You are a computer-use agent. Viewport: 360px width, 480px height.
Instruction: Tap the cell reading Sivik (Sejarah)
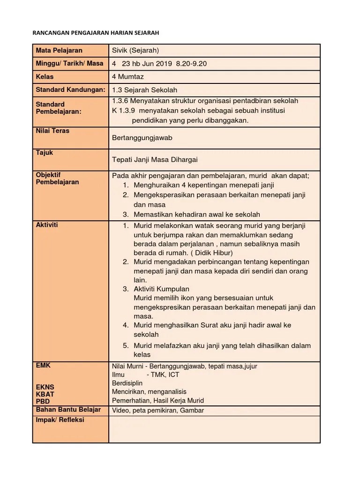click(x=138, y=51)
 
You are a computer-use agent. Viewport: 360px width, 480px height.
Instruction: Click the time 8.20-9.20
click(x=191, y=64)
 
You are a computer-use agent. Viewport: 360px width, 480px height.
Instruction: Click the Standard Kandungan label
click(x=70, y=90)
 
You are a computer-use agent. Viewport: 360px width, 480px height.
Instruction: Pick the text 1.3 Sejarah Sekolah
click(x=145, y=90)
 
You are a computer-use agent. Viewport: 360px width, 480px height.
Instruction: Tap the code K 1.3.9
click(x=123, y=111)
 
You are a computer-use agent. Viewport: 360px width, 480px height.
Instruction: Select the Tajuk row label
click(x=45, y=153)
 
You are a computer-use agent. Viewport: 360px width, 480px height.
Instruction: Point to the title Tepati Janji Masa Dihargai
click(x=155, y=160)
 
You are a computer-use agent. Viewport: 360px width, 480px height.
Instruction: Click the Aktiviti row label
click(x=47, y=225)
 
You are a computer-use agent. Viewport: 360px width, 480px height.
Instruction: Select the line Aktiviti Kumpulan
click(x=161, y=289)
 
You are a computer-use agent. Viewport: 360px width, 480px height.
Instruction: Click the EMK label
click(x=43, y=365)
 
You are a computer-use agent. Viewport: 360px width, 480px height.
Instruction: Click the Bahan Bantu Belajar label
click(x=68, y=410)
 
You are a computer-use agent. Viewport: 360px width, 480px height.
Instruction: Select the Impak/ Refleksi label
click(x=60, y=420)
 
